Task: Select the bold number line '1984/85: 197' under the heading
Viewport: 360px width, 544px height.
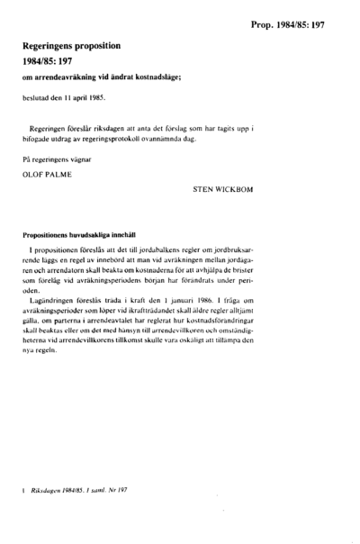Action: pos(55,60)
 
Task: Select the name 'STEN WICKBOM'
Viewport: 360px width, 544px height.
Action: pos(224,191)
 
